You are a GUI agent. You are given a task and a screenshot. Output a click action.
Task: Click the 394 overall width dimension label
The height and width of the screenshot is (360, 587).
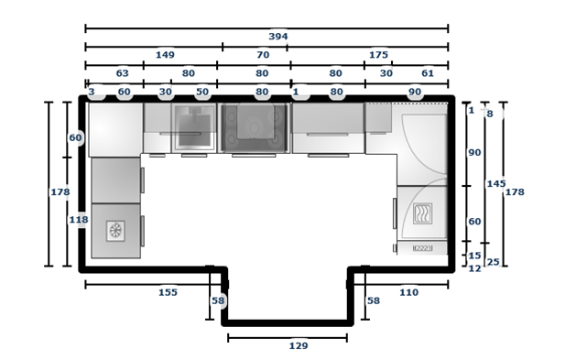[278, 37]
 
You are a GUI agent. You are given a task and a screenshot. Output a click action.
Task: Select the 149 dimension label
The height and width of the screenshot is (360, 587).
[165, 55]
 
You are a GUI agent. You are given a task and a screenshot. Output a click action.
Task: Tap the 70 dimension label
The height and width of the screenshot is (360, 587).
[263, 55]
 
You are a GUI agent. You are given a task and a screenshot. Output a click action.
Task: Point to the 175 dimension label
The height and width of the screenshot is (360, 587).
[378, 55]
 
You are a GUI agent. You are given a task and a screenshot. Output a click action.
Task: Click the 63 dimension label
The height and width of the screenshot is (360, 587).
[122, 73]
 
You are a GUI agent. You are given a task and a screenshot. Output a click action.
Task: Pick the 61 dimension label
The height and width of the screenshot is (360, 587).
[428, 73]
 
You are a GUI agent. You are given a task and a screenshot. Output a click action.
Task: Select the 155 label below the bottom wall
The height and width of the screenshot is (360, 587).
[168, 292]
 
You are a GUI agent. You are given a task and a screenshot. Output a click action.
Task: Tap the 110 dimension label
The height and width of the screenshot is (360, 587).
[408, 292]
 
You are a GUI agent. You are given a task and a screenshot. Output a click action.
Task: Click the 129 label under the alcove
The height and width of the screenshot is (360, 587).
[299, 345]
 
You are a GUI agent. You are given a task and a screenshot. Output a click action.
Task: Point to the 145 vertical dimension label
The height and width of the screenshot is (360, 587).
[496, 183]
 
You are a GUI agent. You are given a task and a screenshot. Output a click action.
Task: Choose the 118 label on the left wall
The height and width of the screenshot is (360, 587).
[79, 220]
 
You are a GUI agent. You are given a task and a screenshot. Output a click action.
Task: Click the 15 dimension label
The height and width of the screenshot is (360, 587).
[474, 256]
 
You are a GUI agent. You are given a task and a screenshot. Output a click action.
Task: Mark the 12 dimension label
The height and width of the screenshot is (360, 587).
[474, 268]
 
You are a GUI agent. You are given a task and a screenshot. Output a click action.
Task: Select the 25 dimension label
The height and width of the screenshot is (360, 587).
[494, 262]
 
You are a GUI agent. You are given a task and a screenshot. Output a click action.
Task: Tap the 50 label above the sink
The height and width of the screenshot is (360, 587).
[202, 92]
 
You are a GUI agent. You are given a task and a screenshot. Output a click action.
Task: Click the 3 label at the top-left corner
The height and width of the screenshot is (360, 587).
[92, 92]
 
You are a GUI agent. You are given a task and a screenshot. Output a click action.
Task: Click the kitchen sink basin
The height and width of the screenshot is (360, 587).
[194, 128]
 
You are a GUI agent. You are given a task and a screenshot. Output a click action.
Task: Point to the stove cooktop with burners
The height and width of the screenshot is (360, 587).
[255, 128]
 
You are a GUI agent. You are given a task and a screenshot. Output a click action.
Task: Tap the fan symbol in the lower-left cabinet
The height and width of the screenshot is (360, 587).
[115, 231]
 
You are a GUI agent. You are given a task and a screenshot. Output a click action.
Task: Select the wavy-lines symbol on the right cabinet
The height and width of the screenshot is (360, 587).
[423, 213]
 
